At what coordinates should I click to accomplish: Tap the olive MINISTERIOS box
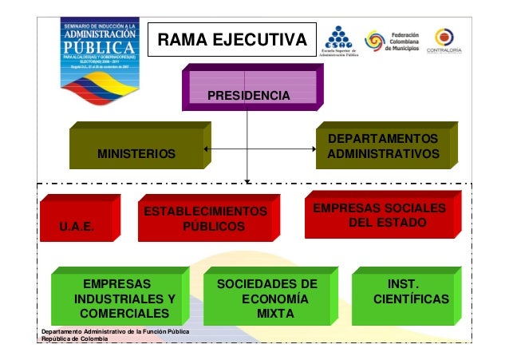(136, 147)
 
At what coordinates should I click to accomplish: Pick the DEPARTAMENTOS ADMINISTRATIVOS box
(384, 145)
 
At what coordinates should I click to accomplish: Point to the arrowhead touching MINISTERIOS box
(207, 148)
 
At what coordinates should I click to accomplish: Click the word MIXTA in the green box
(268, 314)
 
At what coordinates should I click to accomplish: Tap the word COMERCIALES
(124, 314)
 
